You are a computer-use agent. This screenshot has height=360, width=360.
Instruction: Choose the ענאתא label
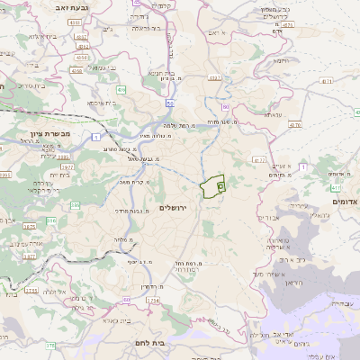click(x=274, y=113)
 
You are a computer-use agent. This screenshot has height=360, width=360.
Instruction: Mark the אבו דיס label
click(x=268, y=217)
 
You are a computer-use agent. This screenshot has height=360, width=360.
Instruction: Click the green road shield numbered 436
click(x=121, y=90)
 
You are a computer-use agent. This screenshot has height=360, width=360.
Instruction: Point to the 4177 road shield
click(x=259, y=160)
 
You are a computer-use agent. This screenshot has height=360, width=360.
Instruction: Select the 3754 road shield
click(x=154, y=300)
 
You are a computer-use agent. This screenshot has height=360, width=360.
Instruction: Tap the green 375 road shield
click(x=51, y=345)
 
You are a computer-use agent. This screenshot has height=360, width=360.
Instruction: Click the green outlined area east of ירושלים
click(x=212, y=187)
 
